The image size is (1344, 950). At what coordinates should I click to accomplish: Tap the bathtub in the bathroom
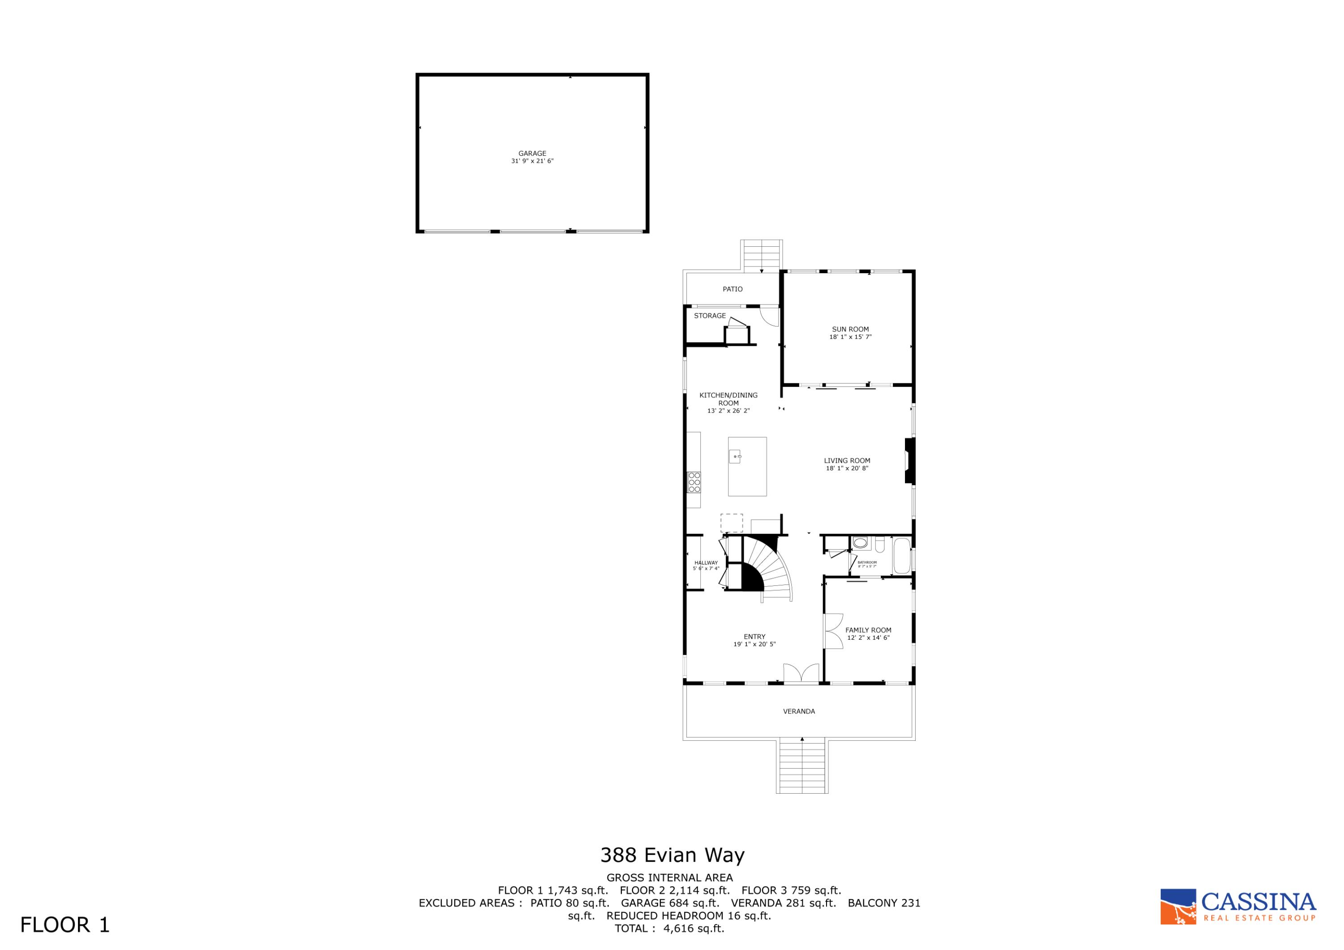(x=901, y=558)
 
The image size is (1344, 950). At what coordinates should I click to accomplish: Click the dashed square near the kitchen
(x=731, y=523)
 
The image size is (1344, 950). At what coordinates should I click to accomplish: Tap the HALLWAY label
(x=706, y=563)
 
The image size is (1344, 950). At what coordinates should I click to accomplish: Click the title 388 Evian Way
(x=672, y=855)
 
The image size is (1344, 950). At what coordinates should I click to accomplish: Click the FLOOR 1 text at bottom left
(x=65, y=925)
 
